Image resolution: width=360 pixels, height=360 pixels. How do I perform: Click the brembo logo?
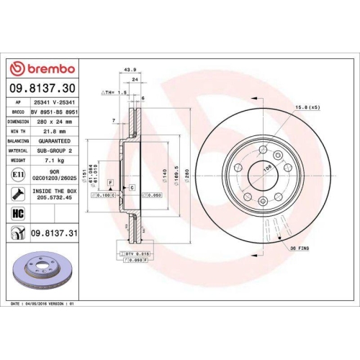(41, 68)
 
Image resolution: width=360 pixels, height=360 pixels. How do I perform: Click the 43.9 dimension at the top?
(130, 70)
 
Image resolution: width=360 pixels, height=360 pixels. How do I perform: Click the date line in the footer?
(44, 305)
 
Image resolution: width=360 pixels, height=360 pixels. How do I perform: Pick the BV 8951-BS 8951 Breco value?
(57, 113)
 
